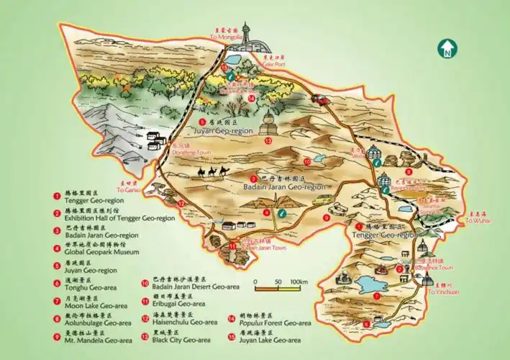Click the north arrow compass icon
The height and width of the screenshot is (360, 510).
tap(448, 49)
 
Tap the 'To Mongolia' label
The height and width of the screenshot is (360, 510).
tap(226, 37)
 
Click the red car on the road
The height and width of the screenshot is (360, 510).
tap(320, 100)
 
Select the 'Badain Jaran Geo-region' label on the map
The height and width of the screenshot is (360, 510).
tap(282, 186)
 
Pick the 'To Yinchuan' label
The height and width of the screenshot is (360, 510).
tap(442, 292)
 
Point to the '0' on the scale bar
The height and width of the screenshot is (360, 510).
tap(255, 282)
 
